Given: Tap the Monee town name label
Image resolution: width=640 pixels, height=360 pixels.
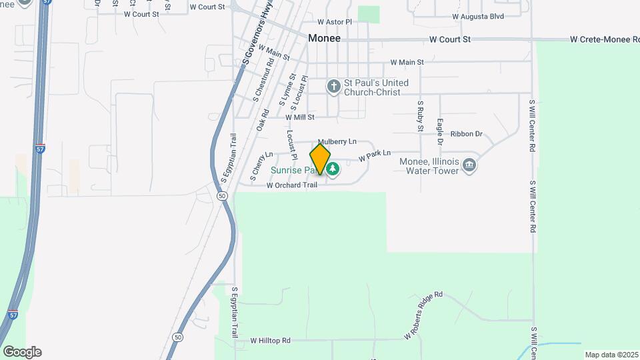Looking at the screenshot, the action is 324,39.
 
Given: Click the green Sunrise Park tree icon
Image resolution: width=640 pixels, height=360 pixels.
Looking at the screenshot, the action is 332,170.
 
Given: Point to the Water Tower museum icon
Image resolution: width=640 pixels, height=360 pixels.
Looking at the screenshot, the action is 469,165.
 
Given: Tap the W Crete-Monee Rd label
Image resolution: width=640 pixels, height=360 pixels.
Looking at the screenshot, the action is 600,39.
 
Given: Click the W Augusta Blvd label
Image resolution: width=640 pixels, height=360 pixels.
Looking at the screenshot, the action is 477,16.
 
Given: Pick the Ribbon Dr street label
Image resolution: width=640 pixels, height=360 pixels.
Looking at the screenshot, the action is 466,134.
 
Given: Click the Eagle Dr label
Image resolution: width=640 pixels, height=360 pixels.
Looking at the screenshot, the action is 440,131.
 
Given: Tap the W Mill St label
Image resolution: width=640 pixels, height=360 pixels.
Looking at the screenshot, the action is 299,117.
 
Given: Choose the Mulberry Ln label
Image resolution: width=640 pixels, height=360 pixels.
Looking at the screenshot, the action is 337,142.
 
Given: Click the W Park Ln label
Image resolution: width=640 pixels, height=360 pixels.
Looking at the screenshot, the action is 374,156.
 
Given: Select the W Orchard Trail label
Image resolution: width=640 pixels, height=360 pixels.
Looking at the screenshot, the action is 292,185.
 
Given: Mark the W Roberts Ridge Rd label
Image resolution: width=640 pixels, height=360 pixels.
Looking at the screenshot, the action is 423,315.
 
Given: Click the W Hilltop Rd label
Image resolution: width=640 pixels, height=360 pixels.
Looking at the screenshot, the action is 270,341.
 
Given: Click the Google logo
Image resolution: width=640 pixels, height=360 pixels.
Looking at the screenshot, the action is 21,351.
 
